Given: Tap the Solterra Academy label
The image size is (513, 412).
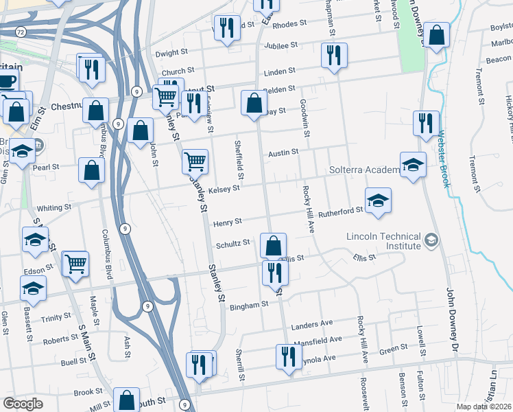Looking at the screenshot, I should (x=363, y=170).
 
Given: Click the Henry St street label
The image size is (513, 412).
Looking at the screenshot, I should (x=228, y=222).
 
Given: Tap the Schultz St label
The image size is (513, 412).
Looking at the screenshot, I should (x=234, y=244).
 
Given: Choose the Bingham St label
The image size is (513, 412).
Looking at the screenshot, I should (x=248, y=304).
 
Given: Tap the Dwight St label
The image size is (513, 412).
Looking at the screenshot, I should (x=171, y=52).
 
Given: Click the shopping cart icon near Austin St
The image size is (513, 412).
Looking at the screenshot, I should (x=195, y=161).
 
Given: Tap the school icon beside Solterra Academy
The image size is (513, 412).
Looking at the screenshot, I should (x=413, y=165).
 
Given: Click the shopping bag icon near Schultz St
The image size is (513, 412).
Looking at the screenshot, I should (x=273, y=245).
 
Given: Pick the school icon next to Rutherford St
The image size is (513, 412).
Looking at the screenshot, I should (x=378, y=201).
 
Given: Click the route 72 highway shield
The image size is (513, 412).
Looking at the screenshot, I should (x=21, y=32).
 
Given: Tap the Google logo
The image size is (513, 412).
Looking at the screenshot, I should (x=23, y=404).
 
